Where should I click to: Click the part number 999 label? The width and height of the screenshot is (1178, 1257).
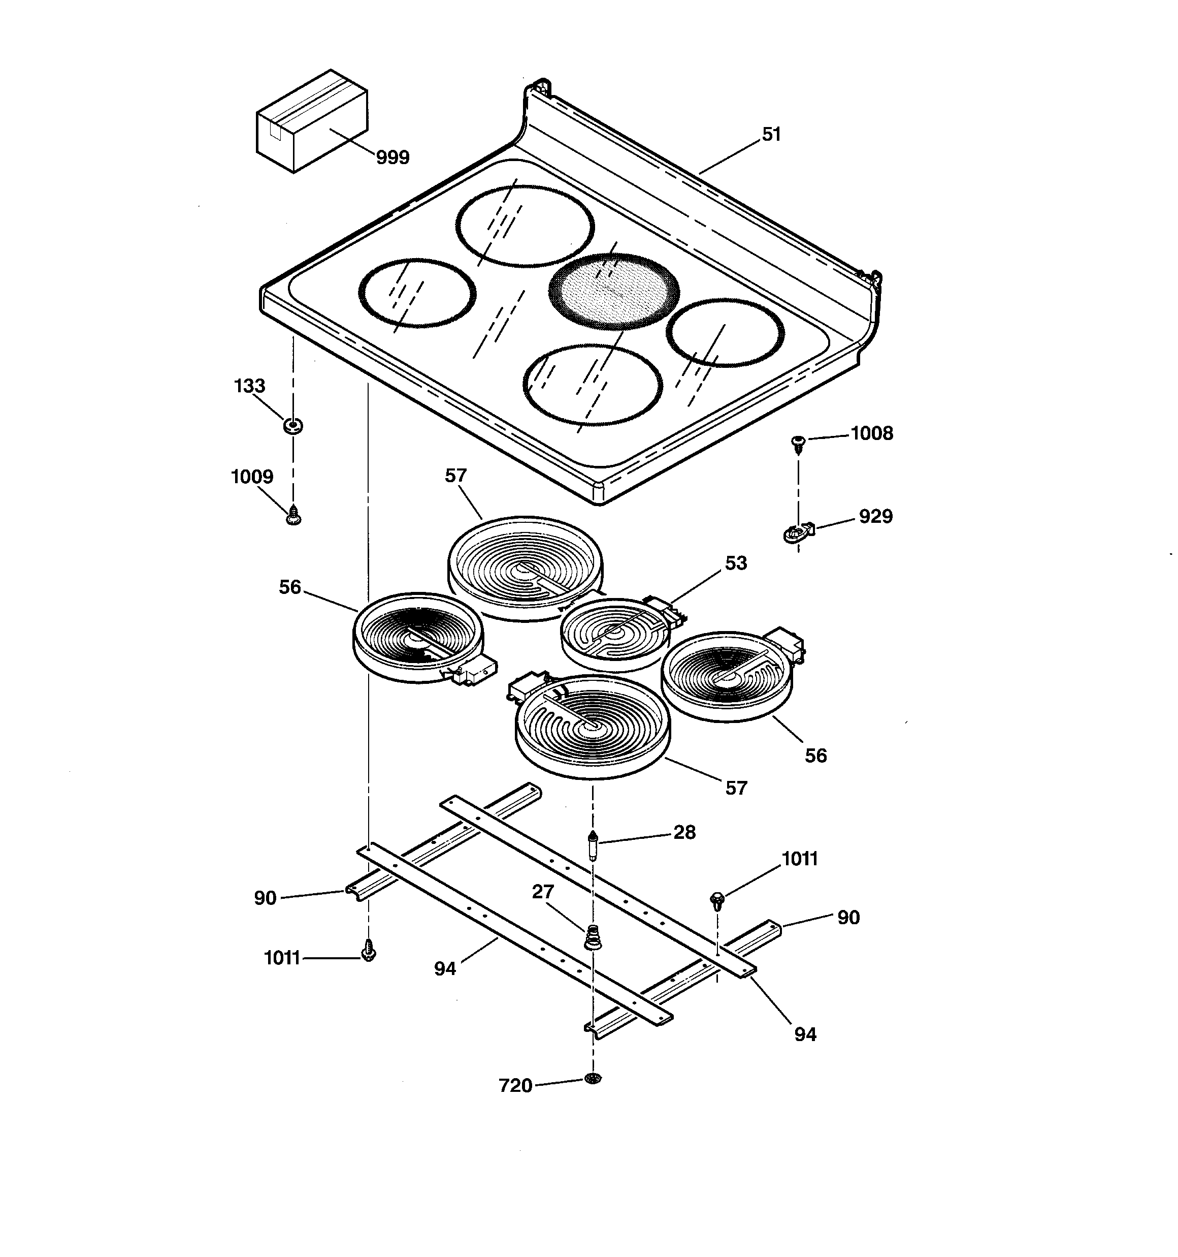click(x=392, y=158)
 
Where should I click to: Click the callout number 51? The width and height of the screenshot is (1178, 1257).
click(x=772, y=134)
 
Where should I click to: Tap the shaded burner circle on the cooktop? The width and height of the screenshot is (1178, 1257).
click(x=614, y=292)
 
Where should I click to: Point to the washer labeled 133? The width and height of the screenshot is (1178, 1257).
click(x=292, y=426)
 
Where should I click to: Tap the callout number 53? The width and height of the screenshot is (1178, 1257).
click(x=736, y=563)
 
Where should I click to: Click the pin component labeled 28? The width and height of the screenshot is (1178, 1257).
click(x=593, y=845)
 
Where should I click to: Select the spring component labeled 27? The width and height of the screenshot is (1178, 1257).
click(x=592, y=936)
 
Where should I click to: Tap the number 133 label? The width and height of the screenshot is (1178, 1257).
click(x=250, y=386)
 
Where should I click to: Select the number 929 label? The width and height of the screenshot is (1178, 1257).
click(x=875, y=517)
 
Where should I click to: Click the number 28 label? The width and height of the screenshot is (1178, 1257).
click(x=684, y=832)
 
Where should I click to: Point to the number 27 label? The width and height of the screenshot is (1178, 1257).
click(x=542, y=892)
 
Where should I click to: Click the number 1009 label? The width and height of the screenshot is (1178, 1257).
click(x=252, y=477)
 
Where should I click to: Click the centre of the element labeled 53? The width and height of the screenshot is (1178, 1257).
click(x=615, y=633)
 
